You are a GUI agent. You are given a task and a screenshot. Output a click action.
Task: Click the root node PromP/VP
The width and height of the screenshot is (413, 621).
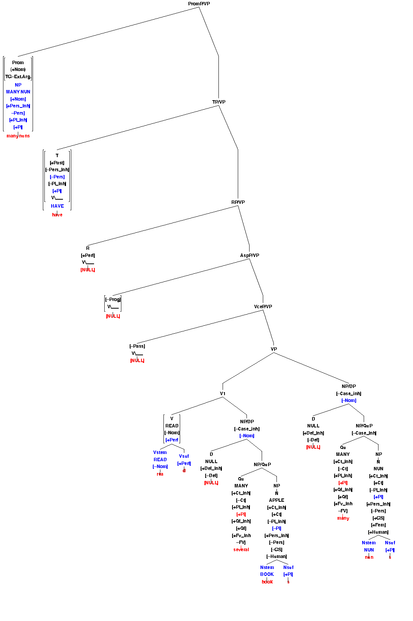point(199,4)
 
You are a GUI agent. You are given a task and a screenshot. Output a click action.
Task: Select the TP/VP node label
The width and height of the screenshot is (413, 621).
point(219,102)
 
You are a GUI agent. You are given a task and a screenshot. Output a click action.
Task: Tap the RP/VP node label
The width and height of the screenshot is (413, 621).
point(238,202)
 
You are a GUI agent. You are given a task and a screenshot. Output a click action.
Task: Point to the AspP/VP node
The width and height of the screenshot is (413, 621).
point(250,255)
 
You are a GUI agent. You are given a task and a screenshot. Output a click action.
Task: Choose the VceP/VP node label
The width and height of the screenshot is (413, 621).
point(263,307)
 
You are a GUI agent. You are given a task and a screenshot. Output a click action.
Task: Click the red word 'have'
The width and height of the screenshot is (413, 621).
point(57,215)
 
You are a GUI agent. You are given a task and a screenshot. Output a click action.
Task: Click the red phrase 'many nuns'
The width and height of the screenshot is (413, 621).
point(18,136)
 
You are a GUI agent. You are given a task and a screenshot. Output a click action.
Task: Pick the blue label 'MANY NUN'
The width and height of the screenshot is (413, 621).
point(18,92)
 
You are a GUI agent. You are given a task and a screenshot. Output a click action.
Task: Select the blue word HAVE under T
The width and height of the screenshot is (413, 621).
point(57,206)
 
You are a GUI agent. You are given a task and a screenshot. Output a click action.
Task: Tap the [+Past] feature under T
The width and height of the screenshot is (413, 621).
point(57,163)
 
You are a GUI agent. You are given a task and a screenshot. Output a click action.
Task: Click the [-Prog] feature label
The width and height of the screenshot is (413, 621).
point(113,299)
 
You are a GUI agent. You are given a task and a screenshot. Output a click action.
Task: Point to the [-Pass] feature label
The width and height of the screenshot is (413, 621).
point(137,346)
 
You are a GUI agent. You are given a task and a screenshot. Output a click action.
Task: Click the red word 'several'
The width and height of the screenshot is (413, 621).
point(241,550)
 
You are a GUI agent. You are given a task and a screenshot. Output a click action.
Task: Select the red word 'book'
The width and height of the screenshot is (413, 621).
point(267,582)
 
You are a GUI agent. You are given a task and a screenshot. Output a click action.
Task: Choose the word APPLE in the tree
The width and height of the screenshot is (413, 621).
point(276,500)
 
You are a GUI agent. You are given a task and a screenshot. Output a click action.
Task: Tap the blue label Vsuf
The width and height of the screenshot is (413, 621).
point(184,456)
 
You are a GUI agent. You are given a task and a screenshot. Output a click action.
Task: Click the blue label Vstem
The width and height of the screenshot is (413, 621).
point(160,452)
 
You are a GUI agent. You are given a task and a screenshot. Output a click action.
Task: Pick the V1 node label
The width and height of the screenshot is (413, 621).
point(223,394)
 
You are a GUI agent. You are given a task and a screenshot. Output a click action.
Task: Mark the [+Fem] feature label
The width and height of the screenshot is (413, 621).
point(378,525)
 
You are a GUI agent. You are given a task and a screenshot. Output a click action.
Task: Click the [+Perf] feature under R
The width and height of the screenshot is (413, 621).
point(88,255)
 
